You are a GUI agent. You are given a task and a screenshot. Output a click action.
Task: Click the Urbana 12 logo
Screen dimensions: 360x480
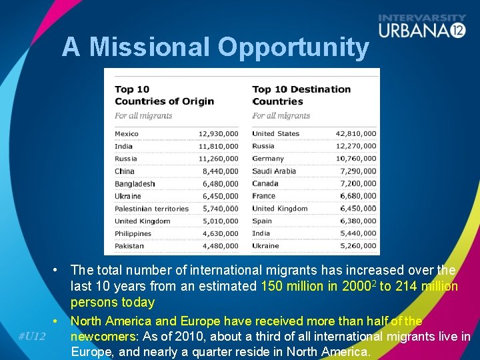[421, 27]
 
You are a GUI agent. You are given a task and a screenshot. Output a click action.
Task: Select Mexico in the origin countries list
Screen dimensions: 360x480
[127, 134]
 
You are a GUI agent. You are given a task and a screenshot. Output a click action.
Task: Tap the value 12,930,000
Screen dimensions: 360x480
[218, 134]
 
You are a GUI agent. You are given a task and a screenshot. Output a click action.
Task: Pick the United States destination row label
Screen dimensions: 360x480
[276, 134]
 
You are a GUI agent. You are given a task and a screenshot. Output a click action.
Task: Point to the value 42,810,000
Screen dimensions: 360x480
[356, 134]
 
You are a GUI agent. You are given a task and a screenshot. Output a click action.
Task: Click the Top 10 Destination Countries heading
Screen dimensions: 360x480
[301, 95]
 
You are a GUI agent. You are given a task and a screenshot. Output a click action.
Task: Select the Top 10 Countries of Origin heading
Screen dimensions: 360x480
[164, 95]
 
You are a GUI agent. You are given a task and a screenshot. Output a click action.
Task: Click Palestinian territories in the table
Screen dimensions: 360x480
[151, 209]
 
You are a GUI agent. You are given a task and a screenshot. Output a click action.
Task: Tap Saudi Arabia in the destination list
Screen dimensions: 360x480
[274, 171]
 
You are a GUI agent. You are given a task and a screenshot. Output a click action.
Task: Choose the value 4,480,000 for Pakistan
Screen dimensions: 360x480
[221, 246]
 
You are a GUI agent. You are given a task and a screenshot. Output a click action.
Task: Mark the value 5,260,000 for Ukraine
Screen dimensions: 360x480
[358, 246]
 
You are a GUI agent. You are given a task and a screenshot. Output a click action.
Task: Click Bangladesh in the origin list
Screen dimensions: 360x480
[135, 184]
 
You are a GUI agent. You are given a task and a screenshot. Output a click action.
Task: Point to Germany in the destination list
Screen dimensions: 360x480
[268, 159]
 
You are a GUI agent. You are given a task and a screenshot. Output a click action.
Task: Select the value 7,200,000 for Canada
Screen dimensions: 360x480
[358, 184]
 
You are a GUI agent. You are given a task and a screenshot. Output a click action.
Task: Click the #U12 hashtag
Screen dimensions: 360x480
[31, 336]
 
